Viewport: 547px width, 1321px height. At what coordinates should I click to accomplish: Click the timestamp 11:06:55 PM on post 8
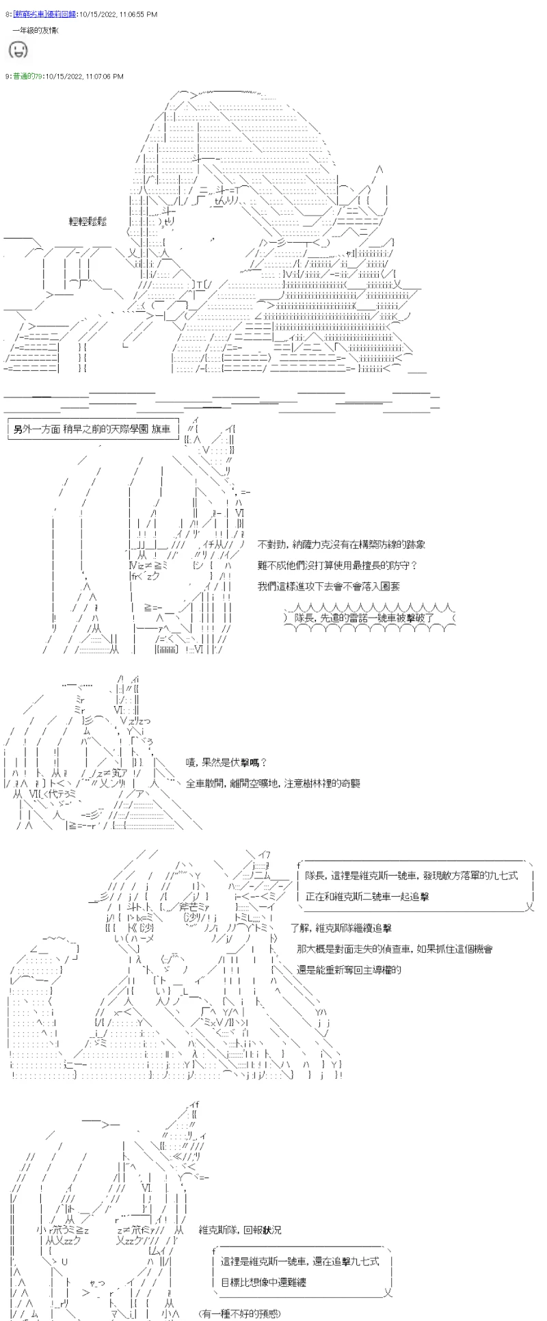click(134, 14)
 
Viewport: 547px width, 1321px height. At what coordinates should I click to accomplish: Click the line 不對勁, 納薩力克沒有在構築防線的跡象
click(341, 545)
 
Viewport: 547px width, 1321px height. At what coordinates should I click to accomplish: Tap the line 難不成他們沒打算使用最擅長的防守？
click(337, 566)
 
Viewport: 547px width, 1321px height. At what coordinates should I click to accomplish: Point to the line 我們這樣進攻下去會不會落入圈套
click(329, 586)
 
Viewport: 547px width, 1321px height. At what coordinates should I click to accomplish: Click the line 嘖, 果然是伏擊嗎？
click(226, 763)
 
